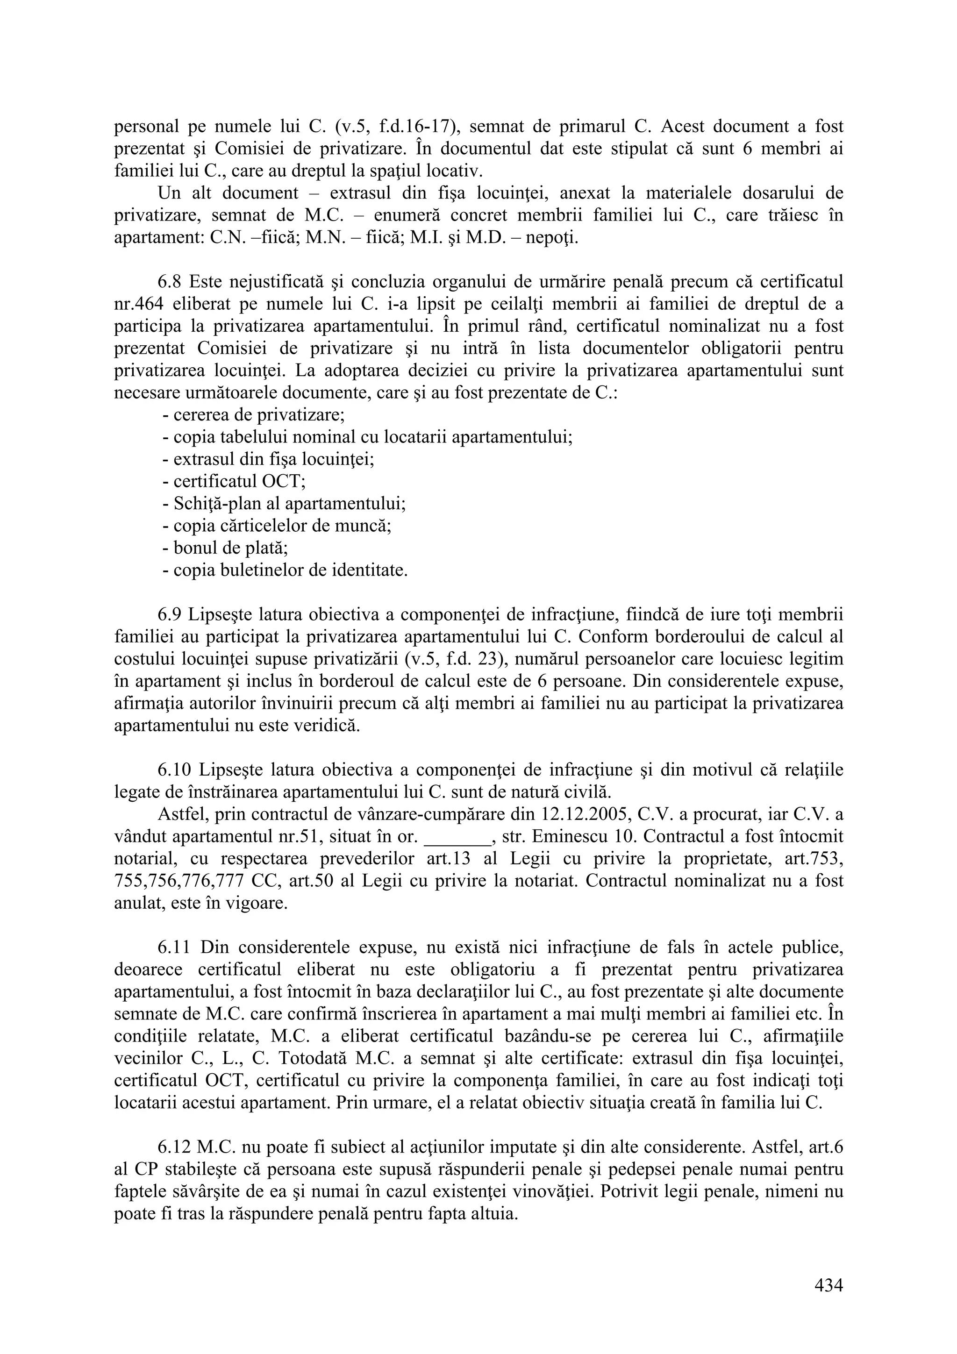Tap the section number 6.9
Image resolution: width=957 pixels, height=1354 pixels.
[171, 615]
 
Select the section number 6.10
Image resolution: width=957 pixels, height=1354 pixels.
[175, 770]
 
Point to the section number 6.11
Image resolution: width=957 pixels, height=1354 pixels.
[175, 948]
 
